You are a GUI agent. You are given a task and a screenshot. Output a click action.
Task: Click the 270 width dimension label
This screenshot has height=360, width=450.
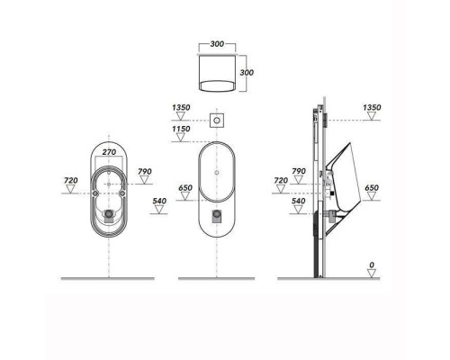(x=109, y=152)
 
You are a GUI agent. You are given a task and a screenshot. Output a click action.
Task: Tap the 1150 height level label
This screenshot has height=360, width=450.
(x=181, y=129)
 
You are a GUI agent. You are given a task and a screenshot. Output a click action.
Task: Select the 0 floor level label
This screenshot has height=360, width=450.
(x=372, y=265)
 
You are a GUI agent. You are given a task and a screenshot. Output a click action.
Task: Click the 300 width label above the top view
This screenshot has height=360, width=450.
(x=217, y=44)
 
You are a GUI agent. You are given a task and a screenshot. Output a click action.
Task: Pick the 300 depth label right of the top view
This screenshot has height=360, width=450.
(x=247, y=73)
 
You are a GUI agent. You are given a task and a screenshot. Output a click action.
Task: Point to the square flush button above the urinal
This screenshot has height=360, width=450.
(x=217, y=121)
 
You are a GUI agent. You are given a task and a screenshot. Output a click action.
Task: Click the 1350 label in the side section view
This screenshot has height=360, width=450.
(x=372, y=107)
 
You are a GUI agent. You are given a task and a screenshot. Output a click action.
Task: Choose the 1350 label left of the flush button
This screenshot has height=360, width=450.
(x=181, y=107)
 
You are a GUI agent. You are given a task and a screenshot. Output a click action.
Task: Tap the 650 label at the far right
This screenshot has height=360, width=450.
(x=372, y=188)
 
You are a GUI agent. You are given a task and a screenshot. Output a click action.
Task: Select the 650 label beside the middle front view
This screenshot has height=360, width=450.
(x=185, y=188)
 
